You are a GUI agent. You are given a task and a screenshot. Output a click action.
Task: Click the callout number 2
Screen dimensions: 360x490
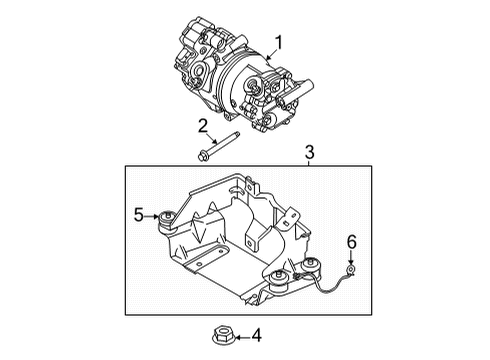coord(202,125)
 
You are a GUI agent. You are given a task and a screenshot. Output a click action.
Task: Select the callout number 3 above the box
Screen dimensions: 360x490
coord(309,151)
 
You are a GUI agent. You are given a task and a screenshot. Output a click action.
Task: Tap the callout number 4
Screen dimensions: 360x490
coord(255,336)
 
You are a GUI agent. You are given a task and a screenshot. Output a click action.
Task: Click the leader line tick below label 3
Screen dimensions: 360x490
coord(309,162)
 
